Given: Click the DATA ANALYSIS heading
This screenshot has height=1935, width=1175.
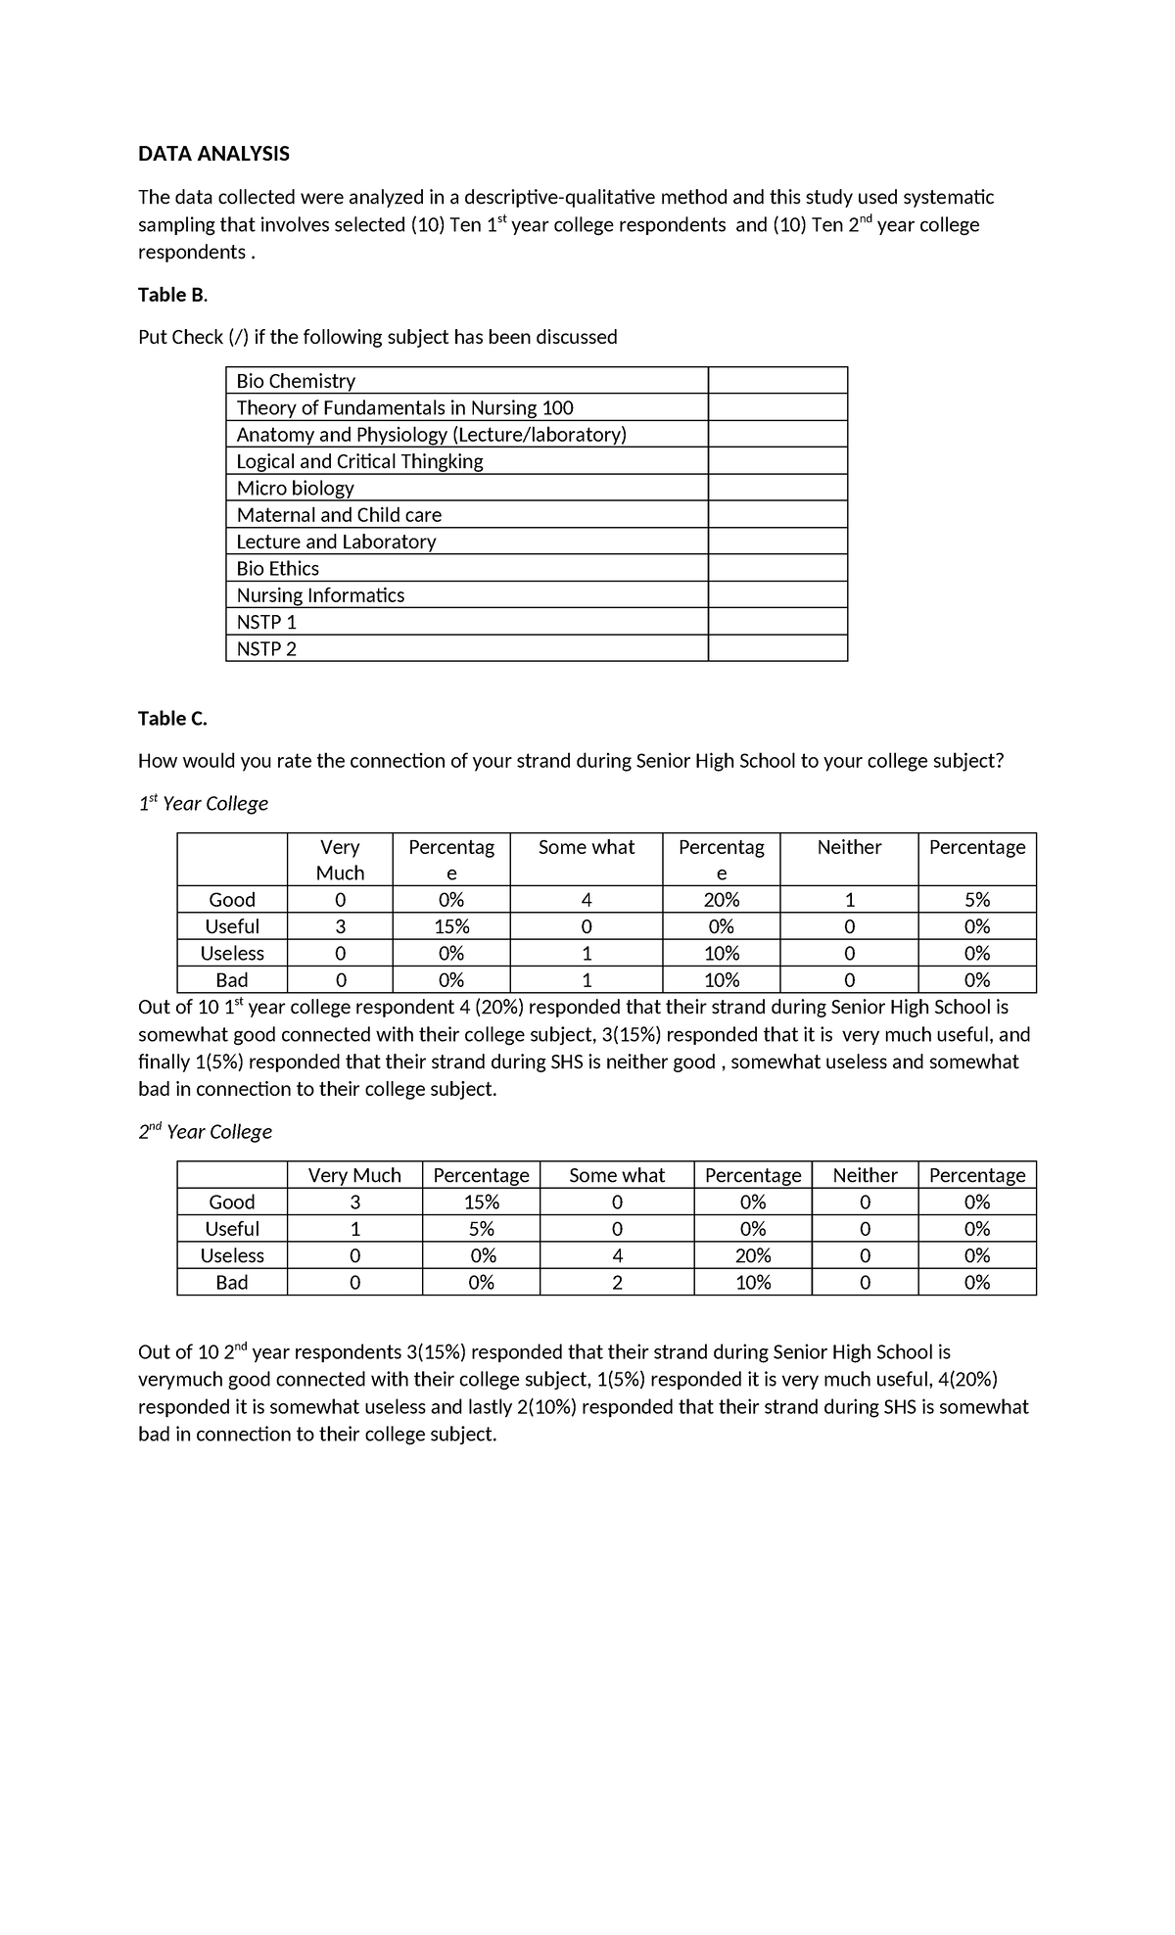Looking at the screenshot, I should tap(213, 154).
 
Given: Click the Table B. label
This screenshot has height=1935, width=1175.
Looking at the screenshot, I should tap(172, 295).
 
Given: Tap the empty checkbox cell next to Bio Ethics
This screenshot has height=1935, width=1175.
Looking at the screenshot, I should tap(777, 568).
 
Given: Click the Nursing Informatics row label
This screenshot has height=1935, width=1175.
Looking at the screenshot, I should tap(320, 595).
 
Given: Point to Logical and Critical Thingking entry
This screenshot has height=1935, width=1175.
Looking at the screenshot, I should tap(359, 461).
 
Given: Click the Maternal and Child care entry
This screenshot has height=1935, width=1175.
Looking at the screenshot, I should tap(339, 515).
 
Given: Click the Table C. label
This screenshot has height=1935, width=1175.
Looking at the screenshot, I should tap(172, 719).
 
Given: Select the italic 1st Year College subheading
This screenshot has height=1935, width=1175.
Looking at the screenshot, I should tap(203, 804).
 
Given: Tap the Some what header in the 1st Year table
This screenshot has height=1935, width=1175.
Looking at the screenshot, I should tap(586, 848).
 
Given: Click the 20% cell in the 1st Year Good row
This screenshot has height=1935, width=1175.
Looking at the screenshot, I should tap(721, 900).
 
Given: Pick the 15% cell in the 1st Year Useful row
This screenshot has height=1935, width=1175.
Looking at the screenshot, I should tap(450, 926).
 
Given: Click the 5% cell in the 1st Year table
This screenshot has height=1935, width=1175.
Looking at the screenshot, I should tap(976, 900).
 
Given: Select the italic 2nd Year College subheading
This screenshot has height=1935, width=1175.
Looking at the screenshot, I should tap(205, 1132).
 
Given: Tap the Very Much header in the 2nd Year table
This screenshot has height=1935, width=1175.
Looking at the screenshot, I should tap(354, 1175).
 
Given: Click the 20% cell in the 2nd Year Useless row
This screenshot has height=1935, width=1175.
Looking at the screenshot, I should tap(752, 1255).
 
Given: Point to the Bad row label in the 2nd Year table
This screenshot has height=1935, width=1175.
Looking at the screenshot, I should tap(232, 1283).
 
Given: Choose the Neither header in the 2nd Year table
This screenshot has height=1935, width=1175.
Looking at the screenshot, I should tap(865, 1175).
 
